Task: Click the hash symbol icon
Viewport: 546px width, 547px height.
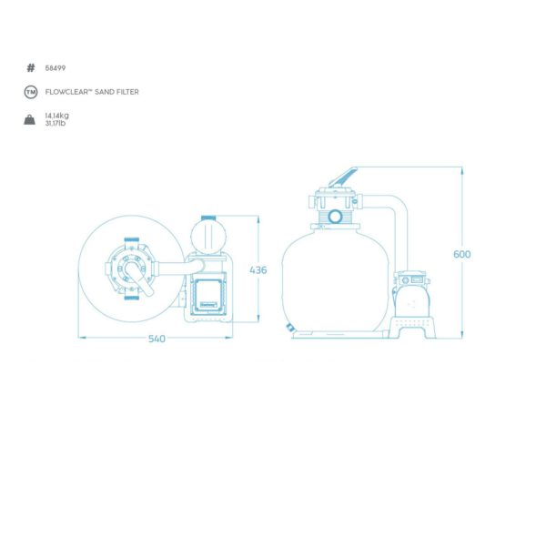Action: pyautogui.click(x=31, y=67)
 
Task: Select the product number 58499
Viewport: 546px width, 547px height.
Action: pyautogui.click(x=56, y=68)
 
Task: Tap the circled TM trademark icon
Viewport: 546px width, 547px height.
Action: pyautogui.click(x=31, y=92)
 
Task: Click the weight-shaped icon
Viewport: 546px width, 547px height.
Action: pyautogui.click(x=30, y=119)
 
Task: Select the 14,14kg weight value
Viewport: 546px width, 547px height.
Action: pyautogui.click(x=56, y=116)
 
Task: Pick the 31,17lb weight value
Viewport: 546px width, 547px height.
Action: pyautogui.click(x=56, y=123)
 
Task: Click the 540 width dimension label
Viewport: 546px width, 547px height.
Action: pyautogui.click(x=157, y=339)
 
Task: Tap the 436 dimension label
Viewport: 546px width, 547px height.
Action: pyautogui.click(x=258, y=269)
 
